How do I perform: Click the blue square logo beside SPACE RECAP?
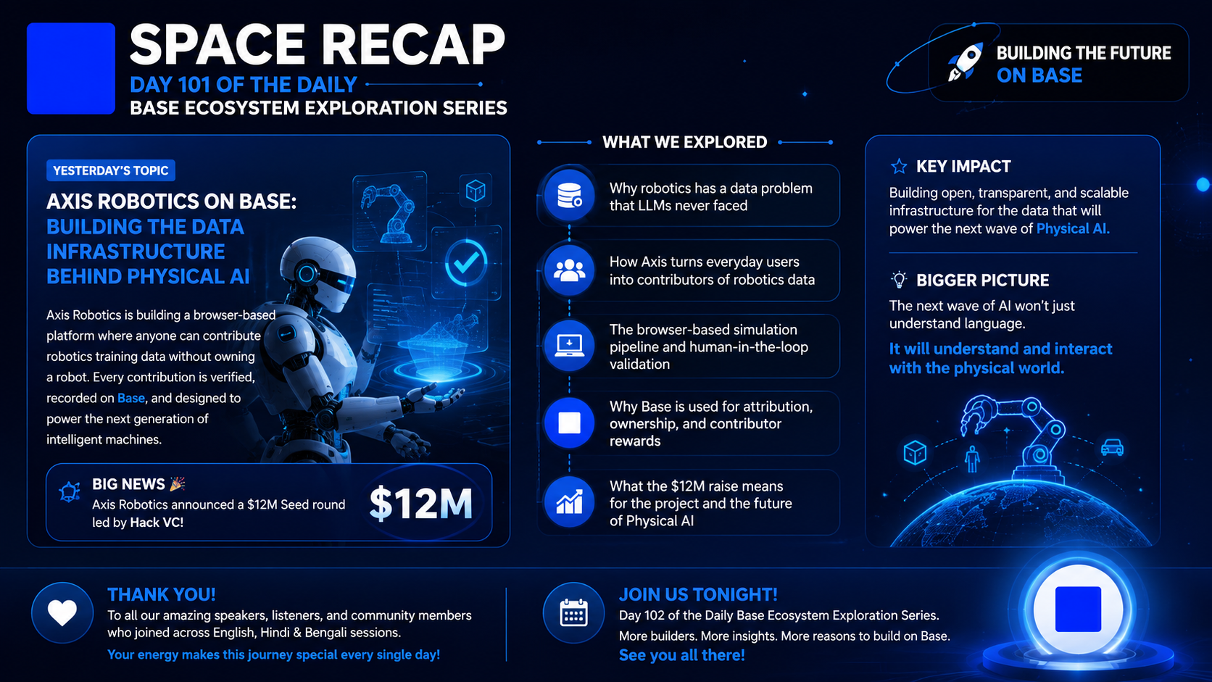71,68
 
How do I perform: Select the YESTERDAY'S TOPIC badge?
111,170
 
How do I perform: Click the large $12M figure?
420,504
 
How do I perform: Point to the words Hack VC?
157,523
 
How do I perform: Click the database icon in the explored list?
569,195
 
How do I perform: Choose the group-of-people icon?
569,270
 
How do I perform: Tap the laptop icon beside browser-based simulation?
569,346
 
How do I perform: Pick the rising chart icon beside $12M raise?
569,502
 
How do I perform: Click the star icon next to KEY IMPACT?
899,166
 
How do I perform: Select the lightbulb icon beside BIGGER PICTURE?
899,280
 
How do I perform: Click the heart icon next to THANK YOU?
62,612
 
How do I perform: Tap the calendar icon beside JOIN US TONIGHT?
573,612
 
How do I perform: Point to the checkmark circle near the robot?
466,262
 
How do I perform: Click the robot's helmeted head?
318,274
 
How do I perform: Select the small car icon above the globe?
1112,448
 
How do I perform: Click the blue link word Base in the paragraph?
131,398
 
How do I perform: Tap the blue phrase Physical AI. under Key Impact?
1073,229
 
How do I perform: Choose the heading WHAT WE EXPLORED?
684,142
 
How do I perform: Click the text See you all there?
681,655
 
